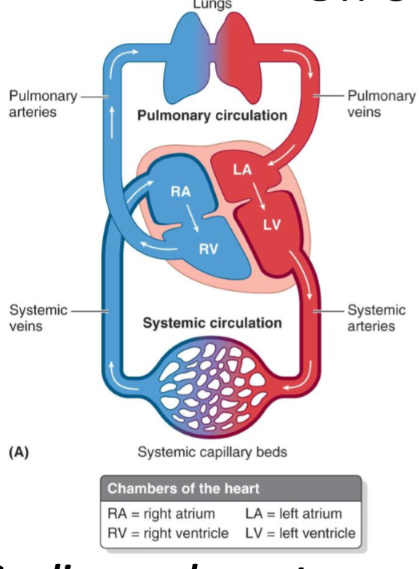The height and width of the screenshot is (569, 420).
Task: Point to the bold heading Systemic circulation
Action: pyautogui.click(x=212, y=323)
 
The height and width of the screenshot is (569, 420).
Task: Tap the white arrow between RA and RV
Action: pyautogui.click(x=191, y=220)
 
